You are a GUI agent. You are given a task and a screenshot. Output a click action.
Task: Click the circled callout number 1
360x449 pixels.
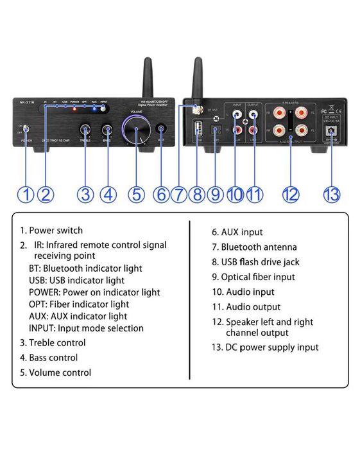pos(25,194)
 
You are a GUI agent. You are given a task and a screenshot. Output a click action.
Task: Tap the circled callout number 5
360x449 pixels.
pos(136,194)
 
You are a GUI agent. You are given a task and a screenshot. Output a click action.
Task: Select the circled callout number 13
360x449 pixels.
pos(331,194)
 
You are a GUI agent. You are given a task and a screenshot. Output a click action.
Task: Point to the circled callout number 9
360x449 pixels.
pos(216,194)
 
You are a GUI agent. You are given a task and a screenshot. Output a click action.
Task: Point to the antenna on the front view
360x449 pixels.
pos(146,77)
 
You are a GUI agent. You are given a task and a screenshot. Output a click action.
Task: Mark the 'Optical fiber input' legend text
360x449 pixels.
pos(258,277)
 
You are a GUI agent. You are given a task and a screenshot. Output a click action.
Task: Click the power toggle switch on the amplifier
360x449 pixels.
pos(26,129)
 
